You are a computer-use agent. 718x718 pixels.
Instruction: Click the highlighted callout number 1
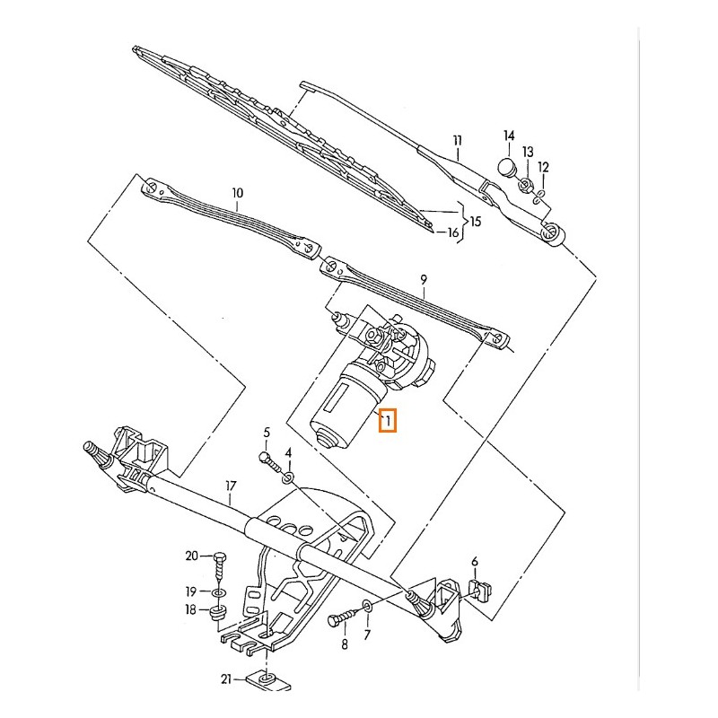(x=389, y=420)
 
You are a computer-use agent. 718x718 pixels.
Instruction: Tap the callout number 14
(x=508, y=136)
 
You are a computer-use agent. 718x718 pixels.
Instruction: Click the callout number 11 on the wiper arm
(x=457, y=140)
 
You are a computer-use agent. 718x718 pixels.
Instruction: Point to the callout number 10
(x=237, y=192)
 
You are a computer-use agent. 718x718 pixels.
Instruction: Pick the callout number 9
(x=423, y=281)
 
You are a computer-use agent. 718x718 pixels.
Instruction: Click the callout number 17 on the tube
(x=231, y=487)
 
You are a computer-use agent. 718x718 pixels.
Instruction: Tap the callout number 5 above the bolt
(x=267, y=433)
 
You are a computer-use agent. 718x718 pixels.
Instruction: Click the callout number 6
(x=475, y=563)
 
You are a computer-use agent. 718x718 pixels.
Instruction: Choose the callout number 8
(x=343, y=644)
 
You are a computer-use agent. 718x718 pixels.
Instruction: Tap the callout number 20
(x=191, y=556)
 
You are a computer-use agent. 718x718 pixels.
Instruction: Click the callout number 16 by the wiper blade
(x=453, y=233)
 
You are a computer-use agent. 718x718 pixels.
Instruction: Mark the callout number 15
(x=475, y=221)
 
